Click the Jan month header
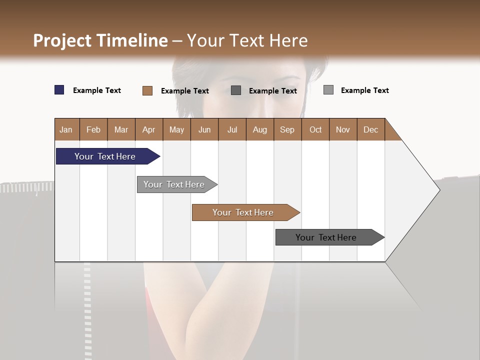[x=66, y=129]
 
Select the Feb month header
[x=93, y=129]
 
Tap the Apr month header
[x=149, y=129]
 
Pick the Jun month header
[x=204, y=129]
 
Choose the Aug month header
[x=260, y=129]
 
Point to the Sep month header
[x=287, y=129]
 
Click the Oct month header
[x=315, y=129]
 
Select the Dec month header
[x=371, y=129]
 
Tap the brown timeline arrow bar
[x=243, y=212]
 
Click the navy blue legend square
[x=59, y=90]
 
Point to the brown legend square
[x=147, y=90]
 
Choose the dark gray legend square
[x=236, y=90]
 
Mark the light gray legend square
[x=328, y=90]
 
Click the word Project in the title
[x=62, y=40]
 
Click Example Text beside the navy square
[x=97, y=90]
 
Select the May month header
[x=176, y=129]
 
